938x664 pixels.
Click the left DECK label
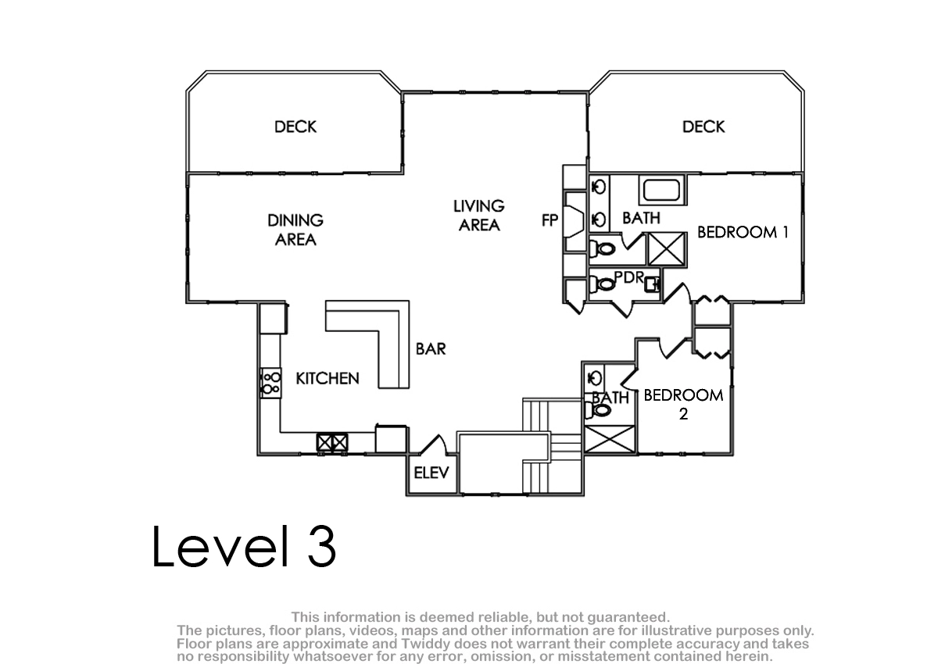pos(295,127)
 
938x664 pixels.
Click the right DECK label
pos(703,127)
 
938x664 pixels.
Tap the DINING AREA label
pos(295,230)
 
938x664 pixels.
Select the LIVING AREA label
pos(479,216)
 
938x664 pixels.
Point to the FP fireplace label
pos(550,220)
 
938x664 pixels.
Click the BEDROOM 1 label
pos(743,232)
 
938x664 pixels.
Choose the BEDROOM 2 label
pos(683,404)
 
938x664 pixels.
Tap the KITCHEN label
pos(328,379)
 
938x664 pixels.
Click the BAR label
pos(431,349)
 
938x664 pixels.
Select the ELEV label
pos(431,473)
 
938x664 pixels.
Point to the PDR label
pos(629,277)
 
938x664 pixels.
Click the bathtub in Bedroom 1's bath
pos(661,190)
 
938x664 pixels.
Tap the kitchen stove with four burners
pos(271,384)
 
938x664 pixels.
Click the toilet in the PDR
pos(602,284)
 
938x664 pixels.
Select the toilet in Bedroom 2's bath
pos(597,410)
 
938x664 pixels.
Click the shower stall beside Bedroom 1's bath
pos(667,250)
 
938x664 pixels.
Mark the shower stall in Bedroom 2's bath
pos(610,439)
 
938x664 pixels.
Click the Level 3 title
pos(244,546)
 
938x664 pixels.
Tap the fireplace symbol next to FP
pos(575,222)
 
